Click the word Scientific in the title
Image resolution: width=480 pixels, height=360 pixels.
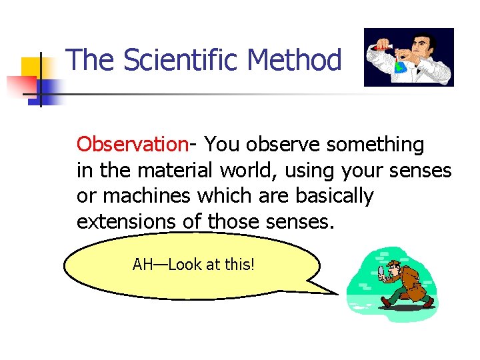tap(181, 60)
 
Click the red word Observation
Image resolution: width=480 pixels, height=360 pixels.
tap(132, 144)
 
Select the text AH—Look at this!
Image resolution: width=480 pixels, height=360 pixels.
tap(193, 265)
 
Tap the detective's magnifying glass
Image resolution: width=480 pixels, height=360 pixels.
tap(382, 271)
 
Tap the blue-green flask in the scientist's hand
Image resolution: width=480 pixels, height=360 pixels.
tap(401, 66)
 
